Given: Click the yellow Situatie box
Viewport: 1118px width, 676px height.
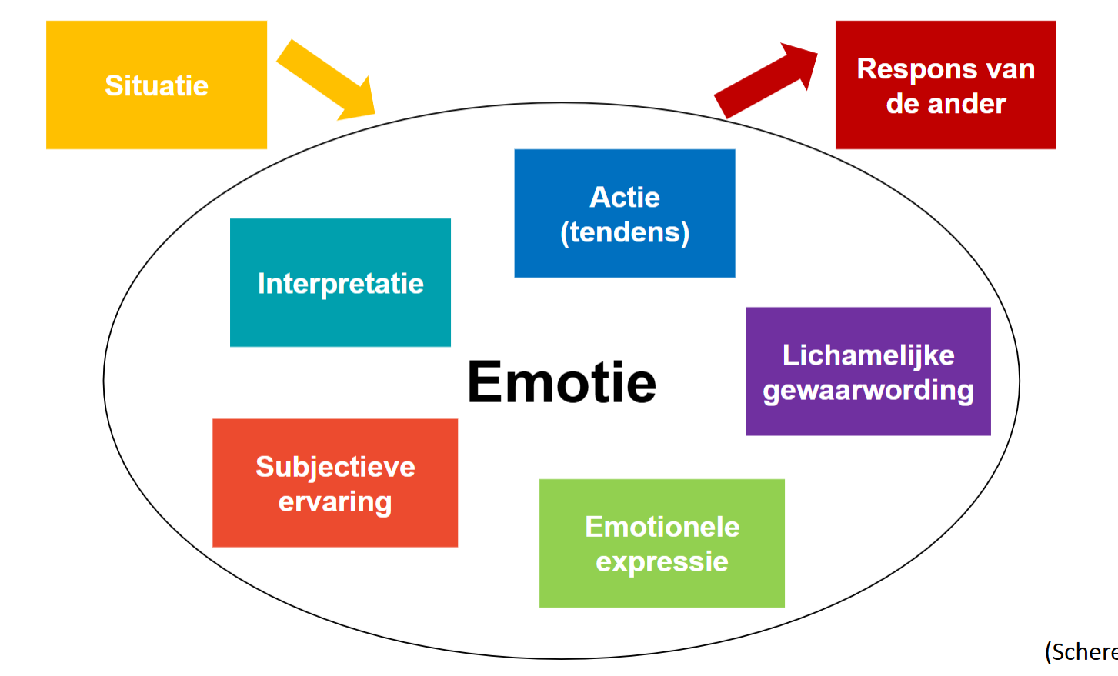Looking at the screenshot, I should [x=156, y=85].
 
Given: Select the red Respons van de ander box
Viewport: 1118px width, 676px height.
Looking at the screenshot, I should [x=945, y=85].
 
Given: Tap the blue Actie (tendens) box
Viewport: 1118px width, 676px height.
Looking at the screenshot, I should [x=624, y=213].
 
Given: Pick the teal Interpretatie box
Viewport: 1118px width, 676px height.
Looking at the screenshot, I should [x=340, y=282].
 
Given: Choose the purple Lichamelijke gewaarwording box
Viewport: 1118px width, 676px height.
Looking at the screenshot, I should [x=867, y=371].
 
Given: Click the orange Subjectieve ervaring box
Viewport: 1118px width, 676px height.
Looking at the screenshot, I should [x=335, y=483].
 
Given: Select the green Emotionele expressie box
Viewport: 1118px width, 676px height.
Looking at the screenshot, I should [x=662, y=543].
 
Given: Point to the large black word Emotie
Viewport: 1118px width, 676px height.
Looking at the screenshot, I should [x=562, y=382].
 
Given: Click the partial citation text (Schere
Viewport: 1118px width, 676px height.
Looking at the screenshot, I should [x=1080, y=652].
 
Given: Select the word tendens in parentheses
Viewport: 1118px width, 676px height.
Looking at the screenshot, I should [x=625, y=232].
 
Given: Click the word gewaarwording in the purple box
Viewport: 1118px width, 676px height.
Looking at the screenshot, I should [x=868, y=390].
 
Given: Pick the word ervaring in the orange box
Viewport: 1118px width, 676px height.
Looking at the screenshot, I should [x=335, y=502].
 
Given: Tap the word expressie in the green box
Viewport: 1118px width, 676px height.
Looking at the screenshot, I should [x=662, y=562].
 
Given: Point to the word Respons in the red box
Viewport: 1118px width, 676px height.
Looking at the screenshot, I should [x=905, y=69].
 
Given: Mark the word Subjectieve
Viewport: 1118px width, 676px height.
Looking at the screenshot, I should [x=335, y=467].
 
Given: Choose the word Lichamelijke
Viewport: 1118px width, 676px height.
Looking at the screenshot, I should [x=868, y=355].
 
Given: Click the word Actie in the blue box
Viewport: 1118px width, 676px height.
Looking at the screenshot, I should [x=624, y=198].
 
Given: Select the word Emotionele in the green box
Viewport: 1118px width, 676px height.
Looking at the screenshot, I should [x=662, y=527].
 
